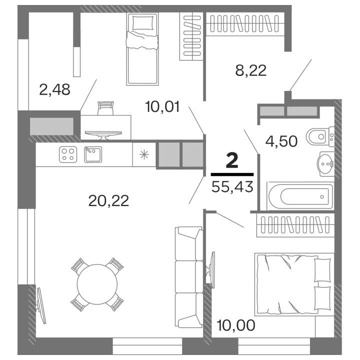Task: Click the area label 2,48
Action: coord(54,89)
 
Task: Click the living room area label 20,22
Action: coord(108,200)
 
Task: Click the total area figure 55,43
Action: coord(231,186)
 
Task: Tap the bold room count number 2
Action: coord(231,161)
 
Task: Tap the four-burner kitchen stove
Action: coord(68,154)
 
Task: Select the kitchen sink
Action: coord(93,154)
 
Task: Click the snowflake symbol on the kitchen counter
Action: coord(144,154)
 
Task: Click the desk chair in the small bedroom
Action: coord(105,107)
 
